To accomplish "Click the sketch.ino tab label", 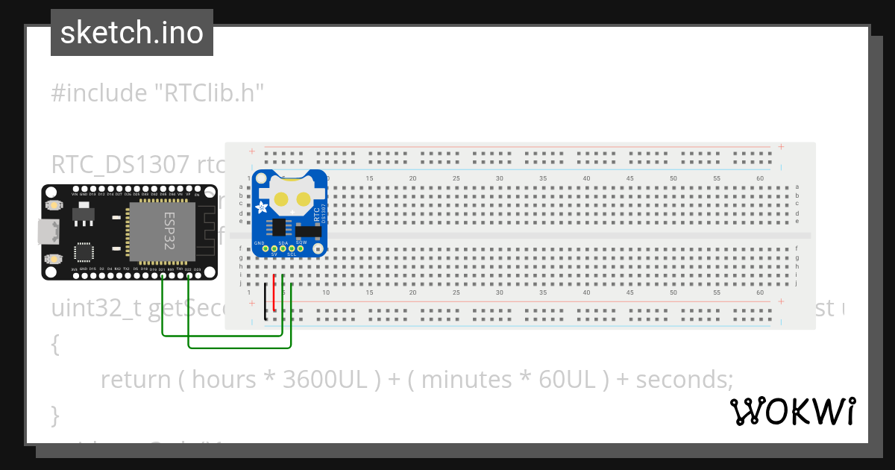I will [x=132, y=33].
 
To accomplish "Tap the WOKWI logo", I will [x=792, y=411].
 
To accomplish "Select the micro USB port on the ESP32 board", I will [x=49, y=233].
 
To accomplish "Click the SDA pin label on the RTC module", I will [x=283, y=242].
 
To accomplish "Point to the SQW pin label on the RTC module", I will [x=301, y=242].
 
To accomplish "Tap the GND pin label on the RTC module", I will [x=259, y=242].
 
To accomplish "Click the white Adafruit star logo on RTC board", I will [x=263, y=210].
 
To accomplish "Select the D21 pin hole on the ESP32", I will [x=163, y=275].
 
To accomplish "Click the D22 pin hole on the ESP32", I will [x=189, y=275].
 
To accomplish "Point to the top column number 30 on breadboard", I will [x=500, y=178].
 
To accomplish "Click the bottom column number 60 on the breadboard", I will [x=759, y=292].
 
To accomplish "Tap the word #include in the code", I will [x=99, y=93].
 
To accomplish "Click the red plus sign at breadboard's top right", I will [x=780, y=147].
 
